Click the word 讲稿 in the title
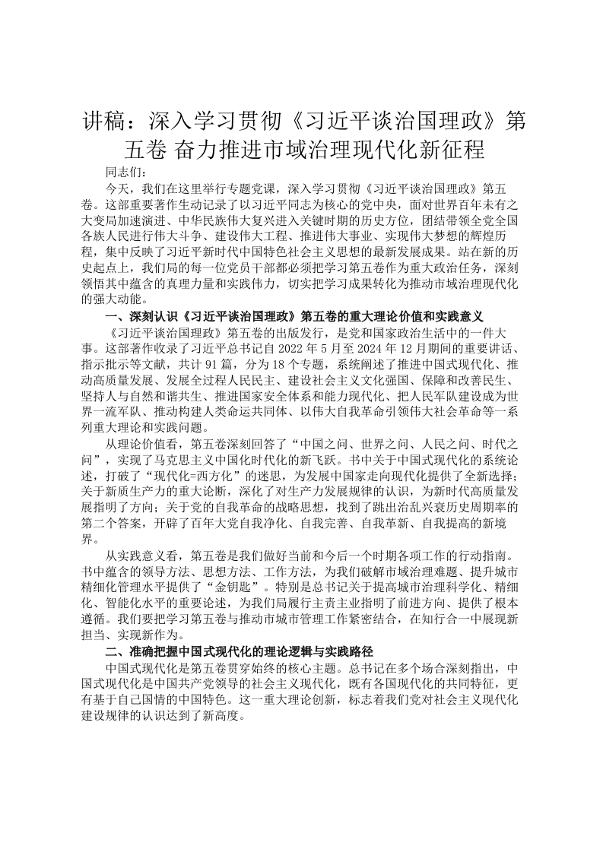tap(100, 122)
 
